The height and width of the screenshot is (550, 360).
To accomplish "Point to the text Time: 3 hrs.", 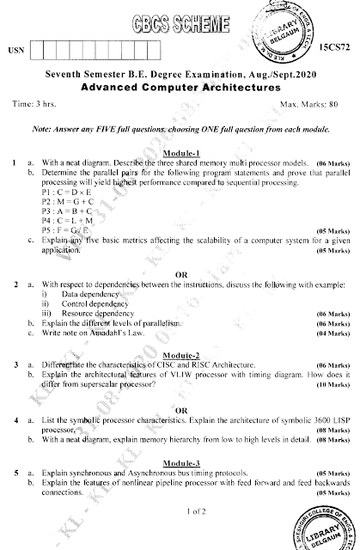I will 34,104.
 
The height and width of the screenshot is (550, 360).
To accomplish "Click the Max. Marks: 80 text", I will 308,104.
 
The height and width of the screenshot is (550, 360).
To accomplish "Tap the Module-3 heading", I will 180,461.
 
